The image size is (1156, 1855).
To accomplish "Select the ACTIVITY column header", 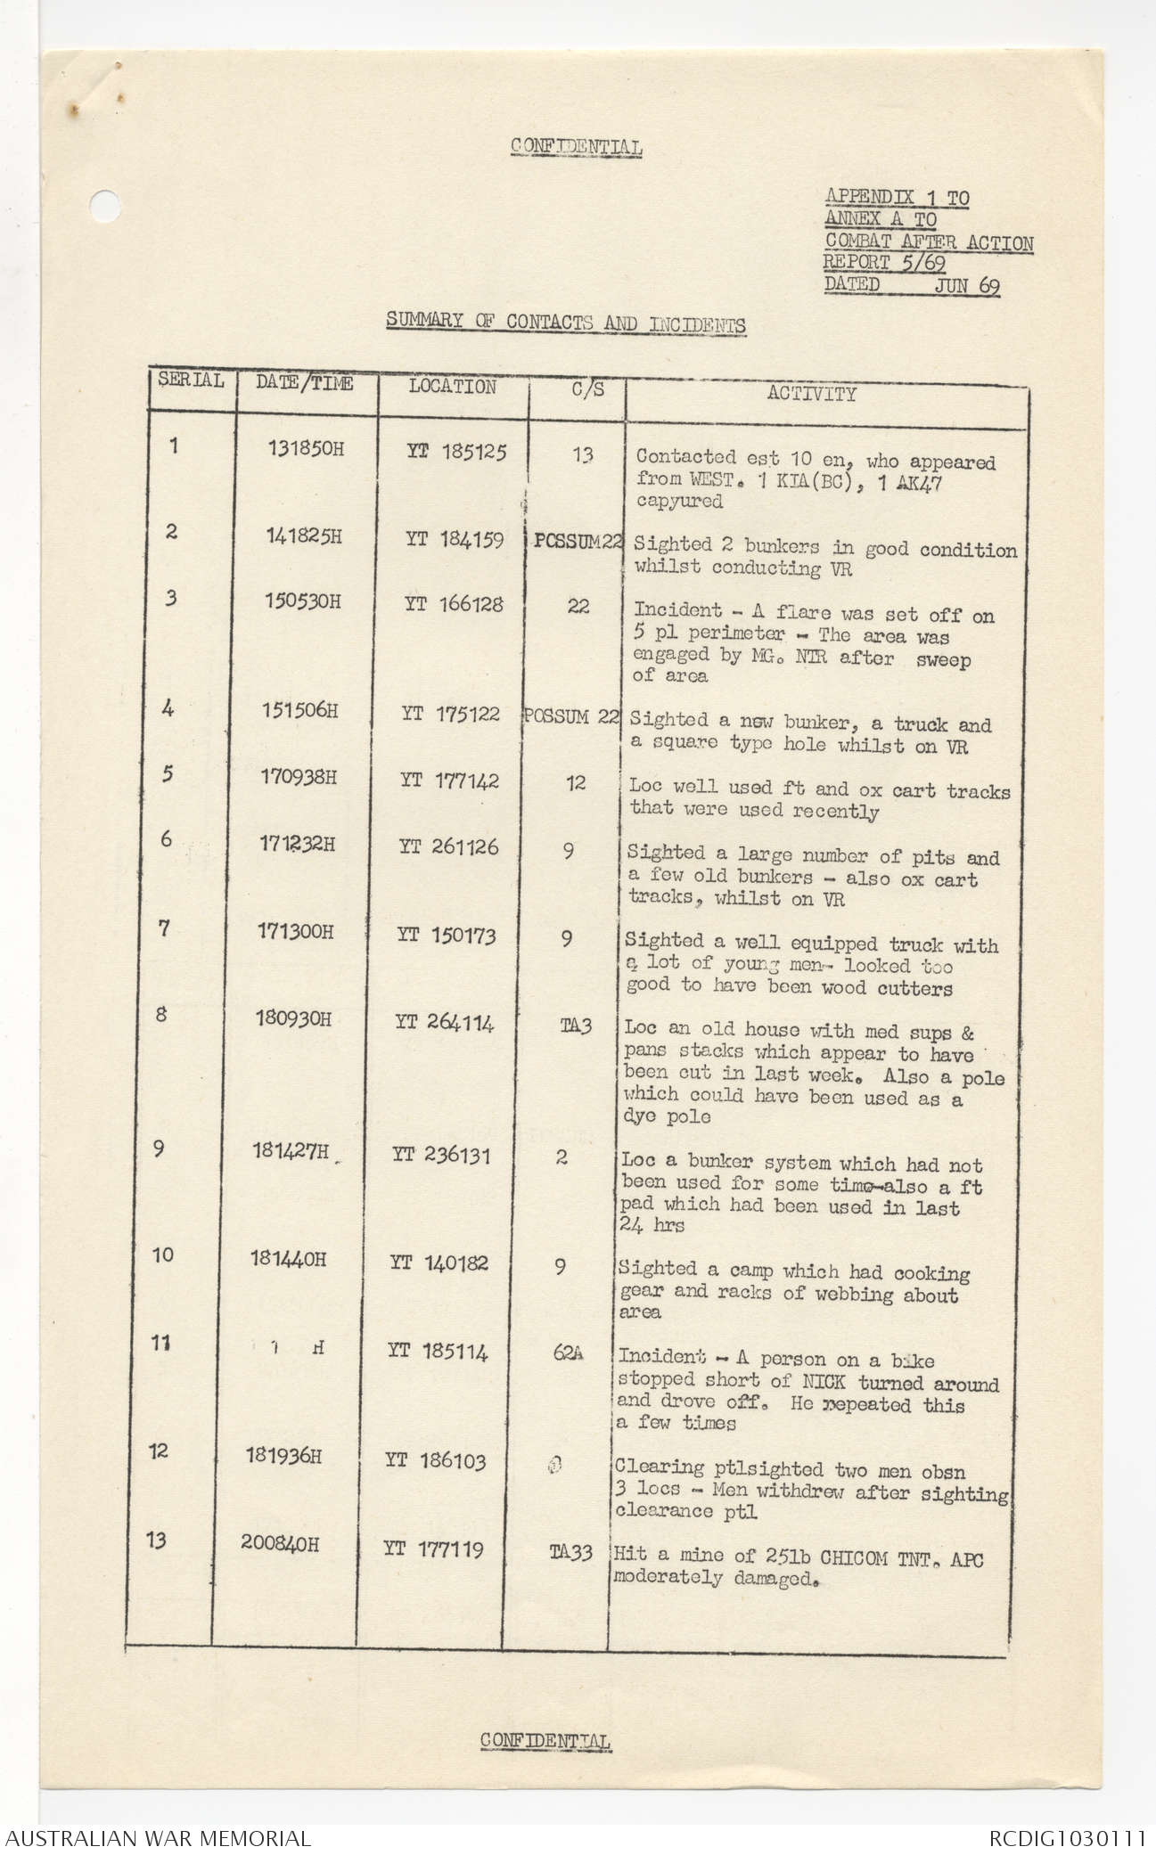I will point(811,394).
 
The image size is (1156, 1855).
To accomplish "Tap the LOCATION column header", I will point(452,387).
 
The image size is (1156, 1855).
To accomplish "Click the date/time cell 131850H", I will point(306,448).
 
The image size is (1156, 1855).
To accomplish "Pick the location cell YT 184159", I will point(455,539).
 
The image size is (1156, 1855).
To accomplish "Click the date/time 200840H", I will point(279,1543).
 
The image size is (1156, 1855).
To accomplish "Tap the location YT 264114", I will point(444,1023).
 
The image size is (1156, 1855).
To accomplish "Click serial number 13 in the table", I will point(156,1540).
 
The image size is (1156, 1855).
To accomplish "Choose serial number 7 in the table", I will point(163,929).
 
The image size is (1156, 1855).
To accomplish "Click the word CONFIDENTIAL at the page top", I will point(577,147).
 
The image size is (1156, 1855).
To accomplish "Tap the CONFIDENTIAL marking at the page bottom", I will point(545,1740).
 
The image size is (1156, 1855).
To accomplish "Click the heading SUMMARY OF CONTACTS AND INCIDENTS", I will point(566,323).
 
